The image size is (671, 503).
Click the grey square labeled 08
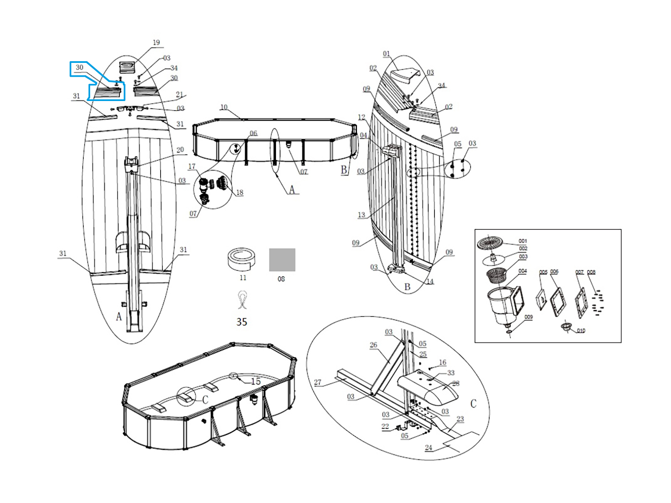point(282,259)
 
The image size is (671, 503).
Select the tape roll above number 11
point(242,259)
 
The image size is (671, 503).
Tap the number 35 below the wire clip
point(242,322)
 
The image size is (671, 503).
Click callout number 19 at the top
point(156,42)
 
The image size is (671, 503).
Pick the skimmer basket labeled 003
point(497,275)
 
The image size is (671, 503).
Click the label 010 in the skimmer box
point(581,330)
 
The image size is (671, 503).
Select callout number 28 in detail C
point(455,383)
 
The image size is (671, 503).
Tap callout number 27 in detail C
point(317,382)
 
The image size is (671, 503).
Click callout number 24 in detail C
point(429,447)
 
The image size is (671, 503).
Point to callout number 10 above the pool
point(224,107)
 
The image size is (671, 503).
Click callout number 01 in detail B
point(386,54)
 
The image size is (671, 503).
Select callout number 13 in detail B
point(362,215)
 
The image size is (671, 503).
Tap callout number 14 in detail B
point(430,281)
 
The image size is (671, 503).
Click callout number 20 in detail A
point(180,150)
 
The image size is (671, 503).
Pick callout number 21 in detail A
point(179,95)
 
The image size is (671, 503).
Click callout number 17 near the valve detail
point(192,166)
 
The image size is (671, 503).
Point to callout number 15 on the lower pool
point(256,381)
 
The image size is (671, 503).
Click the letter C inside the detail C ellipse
point(473,403)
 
